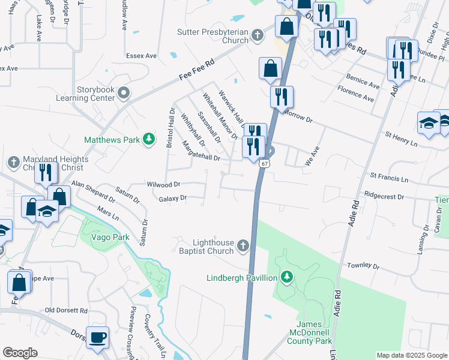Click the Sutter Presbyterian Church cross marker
[257, 35]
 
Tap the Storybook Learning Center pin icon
[124, 92]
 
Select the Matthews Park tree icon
[149, 140]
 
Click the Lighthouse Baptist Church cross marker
[243, 245]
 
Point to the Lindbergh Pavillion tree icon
[288, 277]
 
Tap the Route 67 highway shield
[265, 163]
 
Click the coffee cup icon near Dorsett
[97, 337]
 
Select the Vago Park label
[110, 238]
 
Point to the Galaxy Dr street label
[173, 198]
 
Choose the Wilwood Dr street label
[163, 184]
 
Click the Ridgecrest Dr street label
[384, 196]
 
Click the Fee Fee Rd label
[197, 70]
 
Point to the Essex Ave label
[141, 56]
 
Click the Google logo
[20, 353]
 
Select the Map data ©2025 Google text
[411, 355]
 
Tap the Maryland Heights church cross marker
[14, 162]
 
